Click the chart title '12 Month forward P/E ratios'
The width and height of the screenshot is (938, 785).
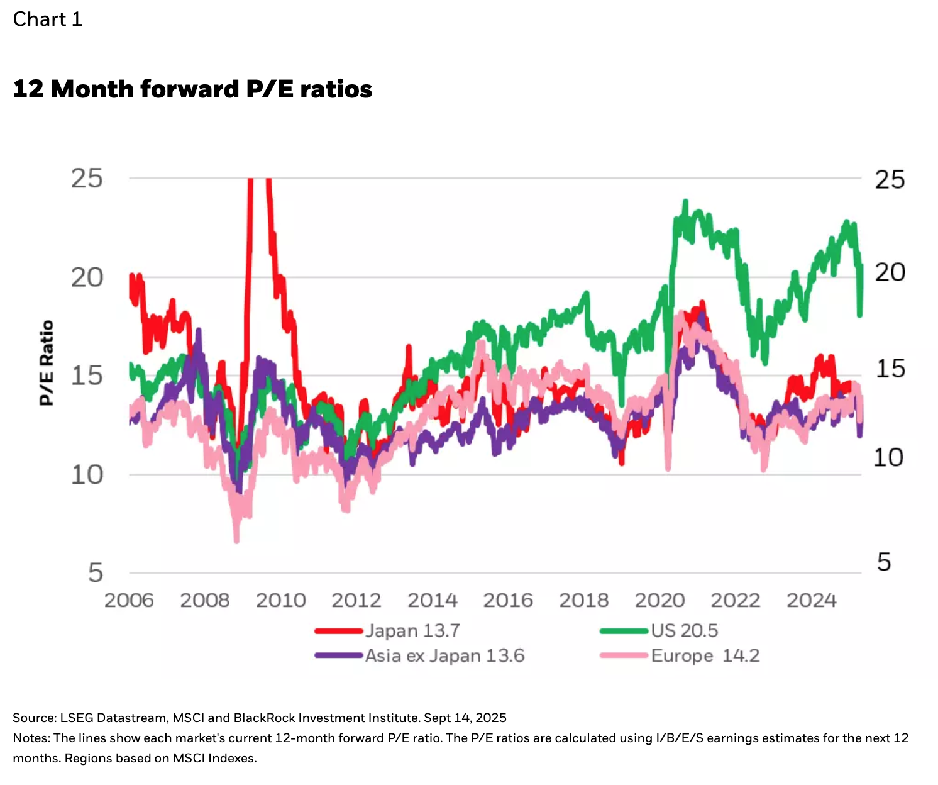coord(192,89)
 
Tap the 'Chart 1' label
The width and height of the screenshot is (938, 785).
coord(48,19)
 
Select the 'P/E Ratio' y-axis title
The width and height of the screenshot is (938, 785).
coord(47,363)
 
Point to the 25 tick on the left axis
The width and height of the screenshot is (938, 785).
coord(87,179)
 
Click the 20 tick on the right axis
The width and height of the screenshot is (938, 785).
coord(890,272)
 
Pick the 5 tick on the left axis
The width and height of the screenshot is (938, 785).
coord(96,573)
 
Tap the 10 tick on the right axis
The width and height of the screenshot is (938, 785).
coord(888,458)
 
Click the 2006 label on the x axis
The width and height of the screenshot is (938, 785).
coord(129,601)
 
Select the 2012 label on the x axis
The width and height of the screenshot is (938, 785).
coord(356,601)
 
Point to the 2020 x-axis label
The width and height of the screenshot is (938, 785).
coord(659,601)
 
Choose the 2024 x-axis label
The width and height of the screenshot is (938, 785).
coord(811,601)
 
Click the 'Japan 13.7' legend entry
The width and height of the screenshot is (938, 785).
coord(412,631)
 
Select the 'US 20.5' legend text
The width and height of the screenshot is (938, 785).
coord(684,631)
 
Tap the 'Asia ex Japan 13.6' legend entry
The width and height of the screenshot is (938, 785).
coord(444,656)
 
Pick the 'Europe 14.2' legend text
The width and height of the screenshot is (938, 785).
coord(705,656)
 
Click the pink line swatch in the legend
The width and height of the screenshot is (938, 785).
coord(624,656)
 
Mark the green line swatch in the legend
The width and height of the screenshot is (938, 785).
coord(624,631)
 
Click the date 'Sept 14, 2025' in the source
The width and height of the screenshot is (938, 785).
coord(465,718)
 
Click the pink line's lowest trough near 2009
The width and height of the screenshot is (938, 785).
coord(237,540)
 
